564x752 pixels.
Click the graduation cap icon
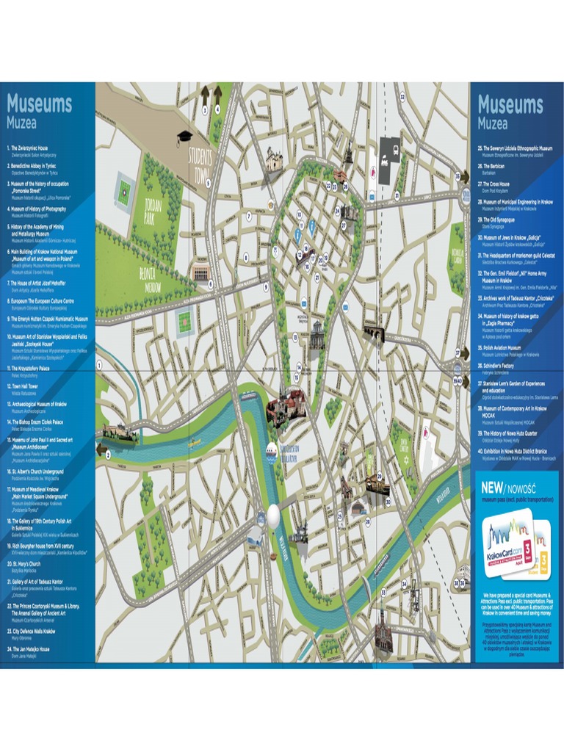(184, 137)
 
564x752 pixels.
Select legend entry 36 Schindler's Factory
(498, 365)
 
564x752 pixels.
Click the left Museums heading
(40, 104)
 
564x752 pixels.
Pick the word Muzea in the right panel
(493, 123)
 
